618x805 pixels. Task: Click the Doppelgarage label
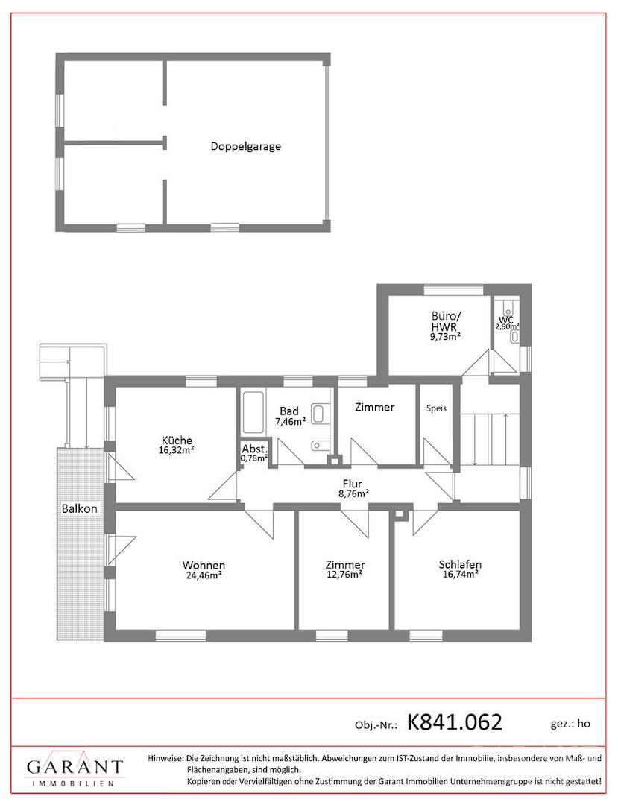tap(246, 146)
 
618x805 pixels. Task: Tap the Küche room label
tap(177, 441)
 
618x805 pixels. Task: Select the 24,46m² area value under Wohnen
tap(204, 575)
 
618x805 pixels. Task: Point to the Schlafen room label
tap(461, 565)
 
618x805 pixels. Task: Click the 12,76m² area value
tap(345, 575)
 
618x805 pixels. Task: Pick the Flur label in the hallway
tap(353, 484)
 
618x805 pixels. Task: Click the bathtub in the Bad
tap(253, 413)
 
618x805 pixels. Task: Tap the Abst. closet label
tap(255, 448)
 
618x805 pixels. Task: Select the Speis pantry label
tap(436, 408)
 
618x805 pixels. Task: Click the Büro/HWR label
tap(444, 322)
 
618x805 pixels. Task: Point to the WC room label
tap(506, 320)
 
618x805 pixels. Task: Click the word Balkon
tap(80, 509)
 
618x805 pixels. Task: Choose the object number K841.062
tap(455, 722)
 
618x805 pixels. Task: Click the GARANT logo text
tap(75, 768)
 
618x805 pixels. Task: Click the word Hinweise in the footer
tap(165, 758)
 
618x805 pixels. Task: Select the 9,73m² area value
tap(444, 337)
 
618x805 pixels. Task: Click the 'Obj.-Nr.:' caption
tap(376, 725)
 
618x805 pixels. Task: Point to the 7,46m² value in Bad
tap(291, 422)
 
